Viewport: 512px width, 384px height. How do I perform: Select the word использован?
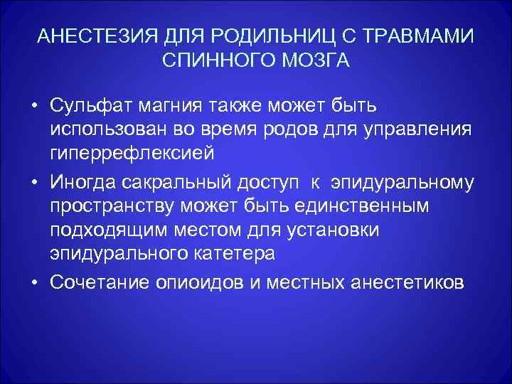click(106, 129)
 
